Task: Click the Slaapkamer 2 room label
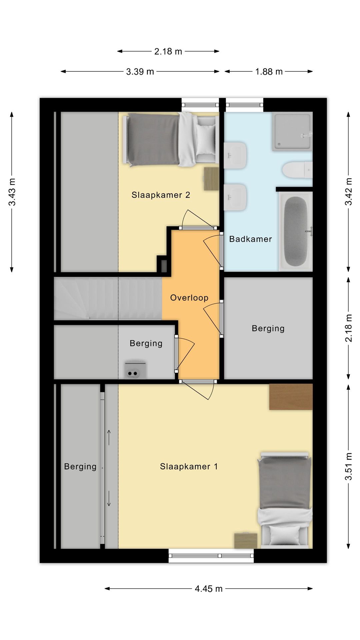click(x=161, y=195)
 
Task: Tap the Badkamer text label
click(x=251, y=239)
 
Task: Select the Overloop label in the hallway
click(x=189, y=298)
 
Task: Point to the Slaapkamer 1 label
click(x=189, y=466)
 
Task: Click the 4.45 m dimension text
click(x=209, y=589)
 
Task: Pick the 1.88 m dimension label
click(x=269, y=72)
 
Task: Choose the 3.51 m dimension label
click(x=348, y=466)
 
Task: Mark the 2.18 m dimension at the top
click(x=168, y=51)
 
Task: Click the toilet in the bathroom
click(x=297, y=170)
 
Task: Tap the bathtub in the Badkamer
click(x=296, y=232)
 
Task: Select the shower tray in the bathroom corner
click(x=292, y=131)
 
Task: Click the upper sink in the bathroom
click(x=235, y=156)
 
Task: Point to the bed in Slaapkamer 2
click(x=170, y=139)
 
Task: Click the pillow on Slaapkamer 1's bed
click(x=285, y=535)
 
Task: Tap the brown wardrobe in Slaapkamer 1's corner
click(x=291, y=397)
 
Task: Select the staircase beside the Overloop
click(x=108, y=299)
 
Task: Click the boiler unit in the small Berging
click(x=135, y=370)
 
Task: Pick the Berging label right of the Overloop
click(x=268, y=328)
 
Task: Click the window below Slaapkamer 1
click(x=211, y=555)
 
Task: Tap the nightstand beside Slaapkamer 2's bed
click(x=211, y=179)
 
